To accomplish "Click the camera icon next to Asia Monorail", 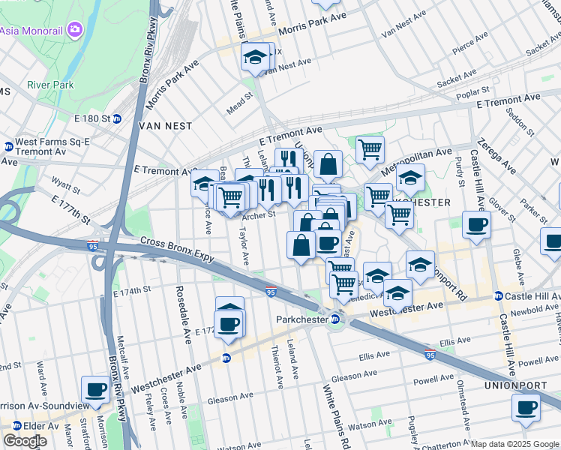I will pos(74,30).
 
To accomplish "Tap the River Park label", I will pos(50,85).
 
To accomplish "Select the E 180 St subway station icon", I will pos(117,119).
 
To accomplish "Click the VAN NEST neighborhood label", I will pos(164,127).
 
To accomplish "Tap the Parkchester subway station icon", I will pos(336,320).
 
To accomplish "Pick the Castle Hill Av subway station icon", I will pos(499,297).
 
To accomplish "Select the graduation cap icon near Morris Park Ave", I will pos(255,56).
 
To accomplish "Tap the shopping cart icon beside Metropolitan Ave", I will pos(370,148).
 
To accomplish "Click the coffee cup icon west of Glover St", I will pos(476,224).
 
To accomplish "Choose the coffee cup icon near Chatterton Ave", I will pos(526,408).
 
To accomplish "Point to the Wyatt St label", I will pos(65,181).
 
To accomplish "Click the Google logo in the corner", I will pos(25,441).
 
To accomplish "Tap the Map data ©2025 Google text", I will pos(514,444).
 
